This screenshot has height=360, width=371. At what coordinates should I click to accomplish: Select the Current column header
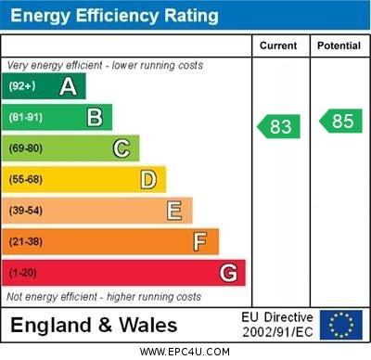pyautogui.click(x=278, y=45)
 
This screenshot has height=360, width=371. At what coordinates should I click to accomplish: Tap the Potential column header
pyautogui.click(x=339, y=45)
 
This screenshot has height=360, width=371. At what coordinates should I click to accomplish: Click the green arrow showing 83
pyautogui.click(x=279, y=125)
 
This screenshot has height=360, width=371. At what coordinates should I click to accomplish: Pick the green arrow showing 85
pyautogui.click(x=339, y=121)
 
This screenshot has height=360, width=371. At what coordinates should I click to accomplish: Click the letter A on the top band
pyautogui.click(x=68, y=86)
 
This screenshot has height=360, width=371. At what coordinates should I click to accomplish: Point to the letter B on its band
pyautogui.click(x=95, y=117)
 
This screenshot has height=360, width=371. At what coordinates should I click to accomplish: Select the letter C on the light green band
pyautogui.click(x=122, y=148)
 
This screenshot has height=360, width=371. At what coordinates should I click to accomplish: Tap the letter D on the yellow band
pyautogui.click(x=148, y=179)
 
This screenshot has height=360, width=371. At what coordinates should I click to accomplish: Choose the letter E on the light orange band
pyautogui.click(x=174, y=211)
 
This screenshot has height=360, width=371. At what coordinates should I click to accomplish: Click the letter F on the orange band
pyautogui.click(x=200, y=242)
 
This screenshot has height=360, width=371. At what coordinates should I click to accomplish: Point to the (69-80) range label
pyautogui.click(x=26, y=148)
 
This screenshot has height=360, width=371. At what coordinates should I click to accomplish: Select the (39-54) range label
pyautogui.click(x=26, y=211)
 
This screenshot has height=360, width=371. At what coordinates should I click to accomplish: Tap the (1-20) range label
pyautogui.click(x=23, y=274)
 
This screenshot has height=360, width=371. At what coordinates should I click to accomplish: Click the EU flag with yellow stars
pyautogui.click(x=341, y=325)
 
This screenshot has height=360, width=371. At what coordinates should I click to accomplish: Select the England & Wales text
pyautogui.click(x=94, y=325)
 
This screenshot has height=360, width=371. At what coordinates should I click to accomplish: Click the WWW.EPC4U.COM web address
pyautogui.click(x=185, y=352)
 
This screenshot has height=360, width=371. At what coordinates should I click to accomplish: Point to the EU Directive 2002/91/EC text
pyautogui.click(x=277, y=325)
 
